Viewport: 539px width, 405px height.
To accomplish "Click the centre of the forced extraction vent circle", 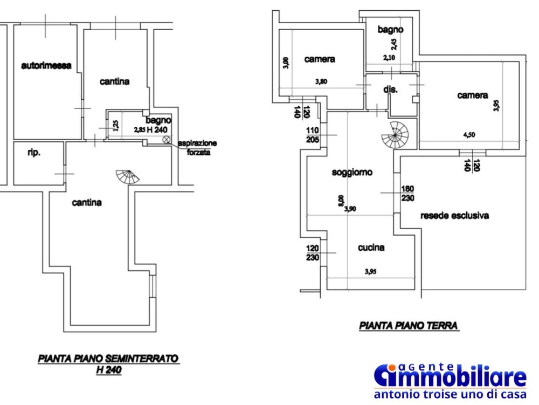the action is point(167,139).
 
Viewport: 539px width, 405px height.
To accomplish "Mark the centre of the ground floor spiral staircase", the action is point(395,135).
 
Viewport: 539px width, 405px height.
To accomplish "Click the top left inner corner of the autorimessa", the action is point(14,25).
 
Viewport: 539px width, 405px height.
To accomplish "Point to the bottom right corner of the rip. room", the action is point(63,184).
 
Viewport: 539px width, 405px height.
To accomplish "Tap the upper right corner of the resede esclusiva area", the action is point(526,156).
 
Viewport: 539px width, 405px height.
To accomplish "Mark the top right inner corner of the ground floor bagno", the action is point(412,18).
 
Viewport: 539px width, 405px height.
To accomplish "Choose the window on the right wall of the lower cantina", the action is point(153,287).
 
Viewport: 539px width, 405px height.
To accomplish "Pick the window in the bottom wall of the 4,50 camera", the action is point(472,152).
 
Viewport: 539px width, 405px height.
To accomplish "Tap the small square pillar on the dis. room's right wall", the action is point(416,99).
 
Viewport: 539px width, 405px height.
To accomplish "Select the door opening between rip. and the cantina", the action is point(65,174).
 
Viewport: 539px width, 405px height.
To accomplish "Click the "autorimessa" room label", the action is point(46,65).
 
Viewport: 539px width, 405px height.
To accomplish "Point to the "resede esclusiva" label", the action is point(454,216).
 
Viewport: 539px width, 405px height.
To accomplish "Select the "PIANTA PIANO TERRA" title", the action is point(409,325).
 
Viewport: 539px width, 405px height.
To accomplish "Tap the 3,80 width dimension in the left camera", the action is point(321,82).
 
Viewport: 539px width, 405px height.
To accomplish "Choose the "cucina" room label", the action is point(371,248).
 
